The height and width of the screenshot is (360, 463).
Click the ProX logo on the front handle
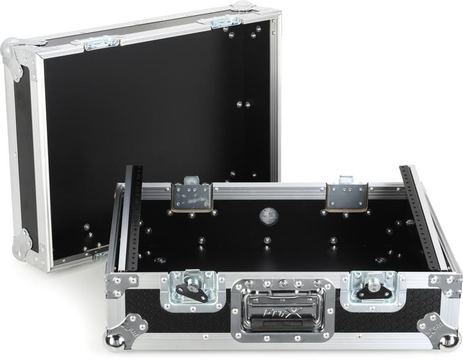tap(284, 322)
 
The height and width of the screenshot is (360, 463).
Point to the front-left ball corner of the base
tap(116, 339)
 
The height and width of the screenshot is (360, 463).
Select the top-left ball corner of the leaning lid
tap(12, 50)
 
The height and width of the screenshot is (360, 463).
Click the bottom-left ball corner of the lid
tap(21, 245)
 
